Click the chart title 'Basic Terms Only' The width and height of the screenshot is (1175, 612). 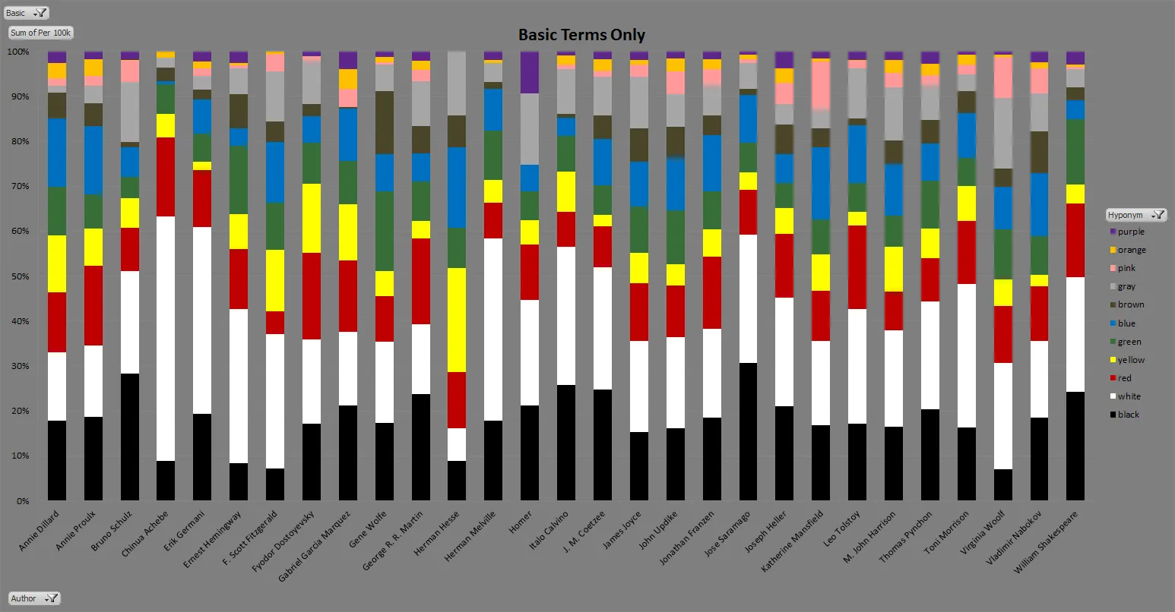pyautogui.click(x=581, y=35)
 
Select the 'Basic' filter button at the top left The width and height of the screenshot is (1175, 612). pyautogui.click(x=27, y=13)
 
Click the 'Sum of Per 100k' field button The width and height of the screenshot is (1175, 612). pyautogui.click(x=41, y=33)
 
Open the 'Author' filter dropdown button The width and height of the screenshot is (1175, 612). pyautogui.click(x=34, y=598)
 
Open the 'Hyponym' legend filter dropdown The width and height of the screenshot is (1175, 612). pyautogui.click(x=1135, y=215)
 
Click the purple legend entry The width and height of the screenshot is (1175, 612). pyautogui.click(x=1130, y=232)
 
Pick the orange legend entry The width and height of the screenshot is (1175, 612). pyautogui.click(x=1131, y=250)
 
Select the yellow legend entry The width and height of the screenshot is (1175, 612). pyautogui.click(x=1130, y=360)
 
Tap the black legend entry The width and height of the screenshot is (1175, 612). pyautogui.click(x=1128, y=415)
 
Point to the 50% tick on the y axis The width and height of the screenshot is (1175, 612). pyautogui.click(x=18, y=276)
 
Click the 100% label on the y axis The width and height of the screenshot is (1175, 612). pyautogui.click(x=18, y=52)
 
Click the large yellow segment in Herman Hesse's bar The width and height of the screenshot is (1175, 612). pyautogui.click(x=456, y=320)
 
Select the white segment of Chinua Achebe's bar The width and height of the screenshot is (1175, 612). pyautogui.click(x=166, y=339)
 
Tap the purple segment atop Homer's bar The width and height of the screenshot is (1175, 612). pyautogui.click(x=529, y=72)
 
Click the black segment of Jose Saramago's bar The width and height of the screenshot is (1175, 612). pyautogui.click(x=748, y=431)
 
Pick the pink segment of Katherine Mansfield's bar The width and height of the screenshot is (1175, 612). pyautogui.click(x=820, y=85)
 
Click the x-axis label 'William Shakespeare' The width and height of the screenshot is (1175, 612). pyautogui.click(x=1048, y=541)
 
